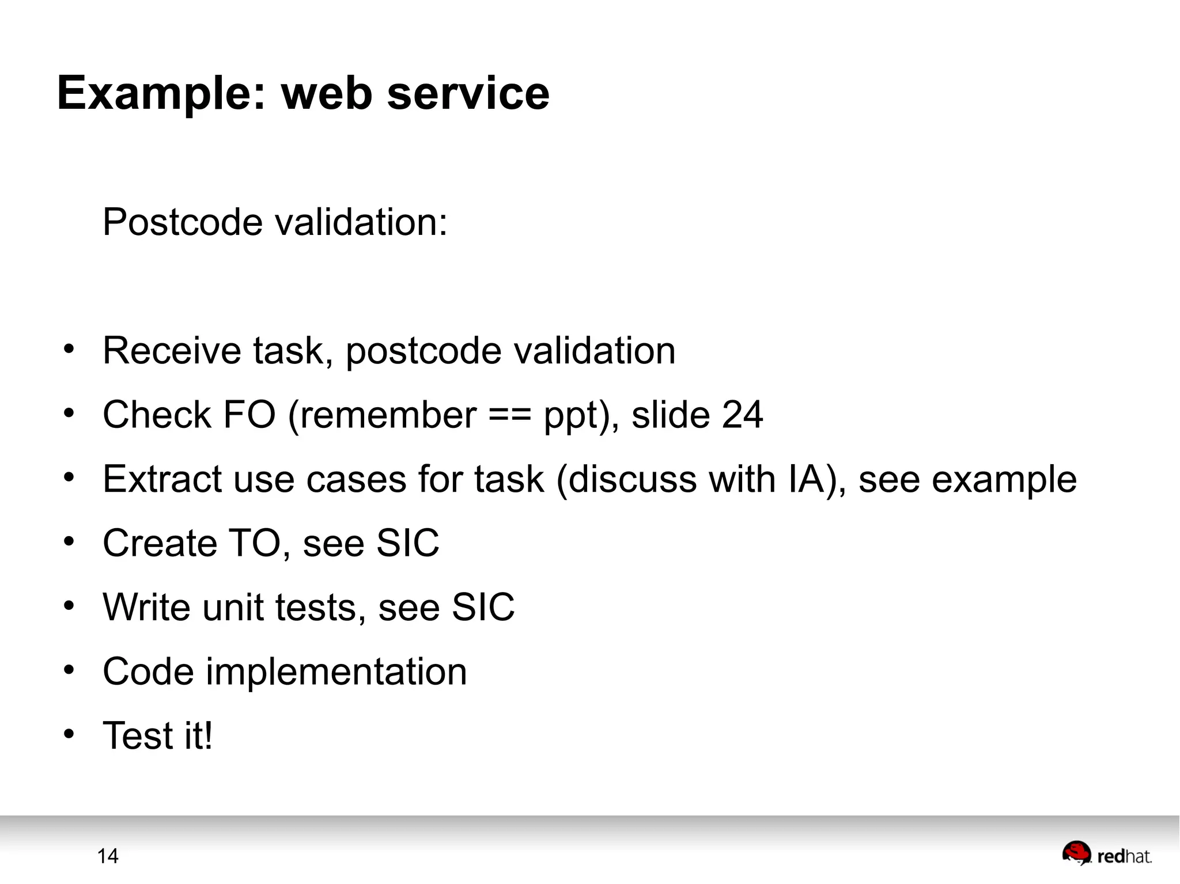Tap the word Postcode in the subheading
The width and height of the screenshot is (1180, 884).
tap(183, 222)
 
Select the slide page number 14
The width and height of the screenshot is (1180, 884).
tap(108, 856)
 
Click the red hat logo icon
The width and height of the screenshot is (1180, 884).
tap(1076, 853)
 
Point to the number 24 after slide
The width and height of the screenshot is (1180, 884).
tap(742, 415)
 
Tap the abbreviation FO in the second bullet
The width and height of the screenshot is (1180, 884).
tap(249, 415)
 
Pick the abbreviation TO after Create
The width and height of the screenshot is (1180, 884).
tap(254, 543)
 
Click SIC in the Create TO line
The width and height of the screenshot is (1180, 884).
tap(407, 543)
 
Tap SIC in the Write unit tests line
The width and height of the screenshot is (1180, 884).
tap(483, 608)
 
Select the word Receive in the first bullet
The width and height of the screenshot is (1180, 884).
tap(172, 351)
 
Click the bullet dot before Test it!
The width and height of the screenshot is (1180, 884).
tap(69, 734)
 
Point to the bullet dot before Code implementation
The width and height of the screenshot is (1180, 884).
tap(69, 670)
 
